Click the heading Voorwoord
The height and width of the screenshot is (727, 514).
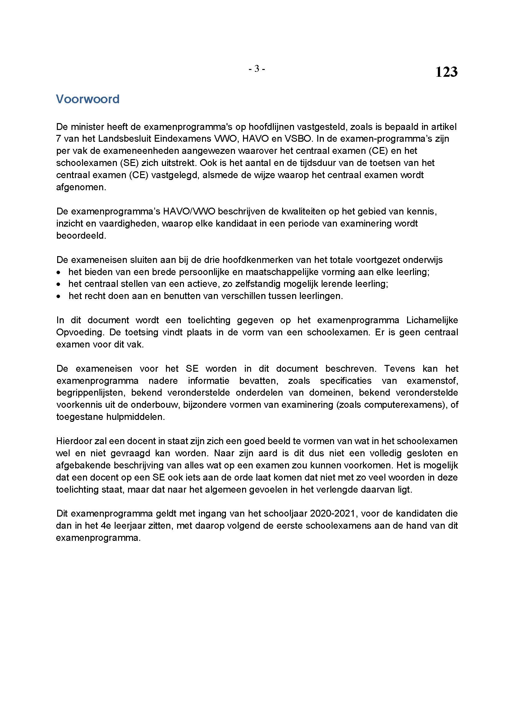[x=88, y=99]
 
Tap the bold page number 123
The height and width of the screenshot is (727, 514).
[x=446, y=72]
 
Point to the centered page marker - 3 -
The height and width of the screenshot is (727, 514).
[x=256, y=68]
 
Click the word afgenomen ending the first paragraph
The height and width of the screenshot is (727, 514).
[x=81, y=187]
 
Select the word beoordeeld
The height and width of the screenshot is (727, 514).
[x=81, y=236]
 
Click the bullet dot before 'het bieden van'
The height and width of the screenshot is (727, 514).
[x=58, y=272]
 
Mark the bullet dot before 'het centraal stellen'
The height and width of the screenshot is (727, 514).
[x=58, y=284]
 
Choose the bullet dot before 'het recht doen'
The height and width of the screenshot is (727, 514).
[x=58, y=297]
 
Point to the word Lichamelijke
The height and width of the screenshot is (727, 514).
[x=432, y=320]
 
